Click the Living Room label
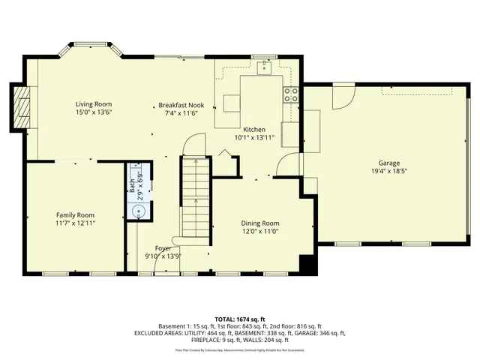pos(93,104)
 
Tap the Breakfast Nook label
pos(180,104)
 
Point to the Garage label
pos(388,163)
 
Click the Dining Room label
pos(260,223)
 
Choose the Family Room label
pos(75,214)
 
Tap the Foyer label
pos(163,247)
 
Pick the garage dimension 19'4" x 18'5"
pos(388,171)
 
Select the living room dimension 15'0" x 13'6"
pos(93,112)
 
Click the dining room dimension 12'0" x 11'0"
pos(260,232)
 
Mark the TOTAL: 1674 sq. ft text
pos(240,319)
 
